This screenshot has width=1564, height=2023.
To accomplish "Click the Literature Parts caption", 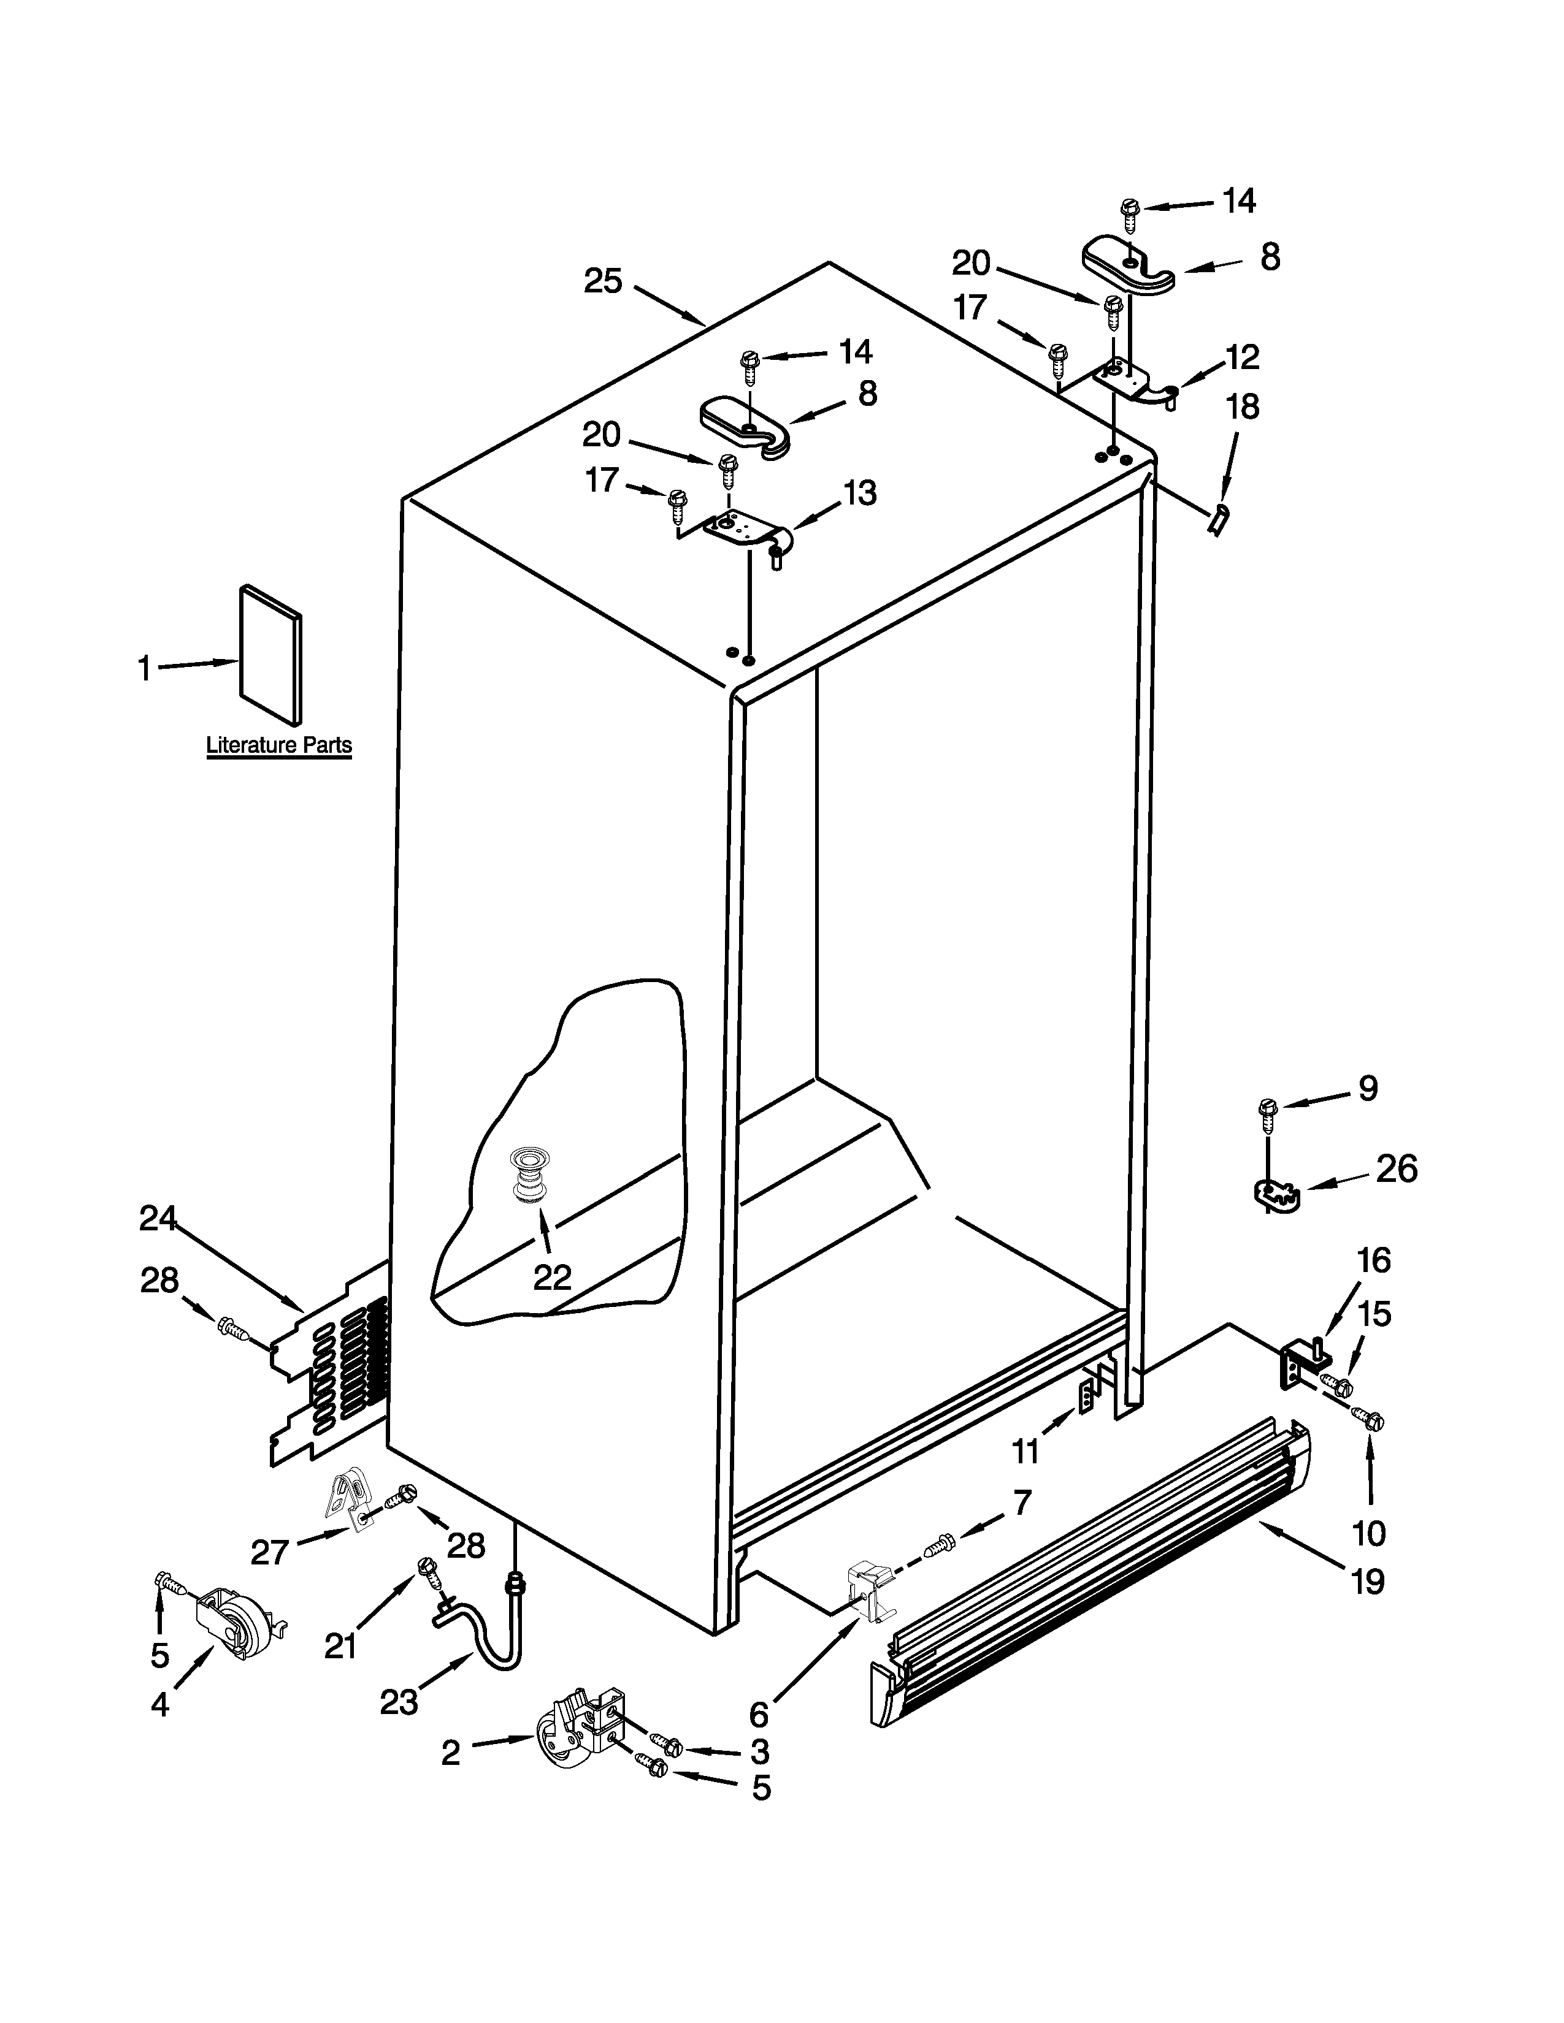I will coord(278,745).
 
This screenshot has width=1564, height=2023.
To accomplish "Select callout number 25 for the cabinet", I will coord(602,281).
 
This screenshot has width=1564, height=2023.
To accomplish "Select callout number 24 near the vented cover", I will coord(158,1219).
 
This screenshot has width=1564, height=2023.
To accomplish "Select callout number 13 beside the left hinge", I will coord(860,493).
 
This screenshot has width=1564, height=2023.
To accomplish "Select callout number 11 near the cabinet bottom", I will coord(1025,1452).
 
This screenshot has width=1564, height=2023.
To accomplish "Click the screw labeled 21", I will coord(429,1570).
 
